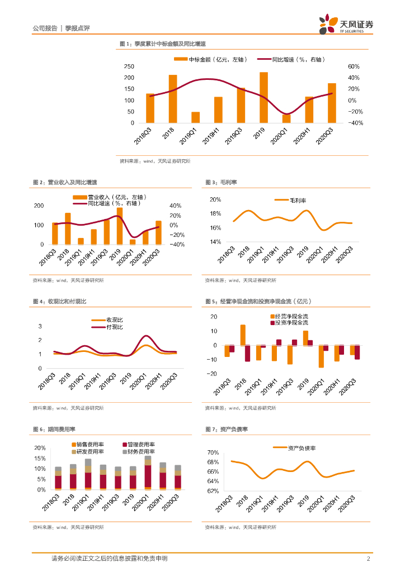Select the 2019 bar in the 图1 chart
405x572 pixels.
(x=263, y=98)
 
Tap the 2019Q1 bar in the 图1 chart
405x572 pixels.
(x=195, y=117)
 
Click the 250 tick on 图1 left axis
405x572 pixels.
(x=129, y=66)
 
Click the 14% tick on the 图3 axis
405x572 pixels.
(x=215, y=242)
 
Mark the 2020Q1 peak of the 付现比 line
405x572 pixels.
(x=147, y=336)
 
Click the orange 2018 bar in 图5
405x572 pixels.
(x=243, y=335)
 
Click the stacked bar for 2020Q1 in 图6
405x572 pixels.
(x=148, y=473)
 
